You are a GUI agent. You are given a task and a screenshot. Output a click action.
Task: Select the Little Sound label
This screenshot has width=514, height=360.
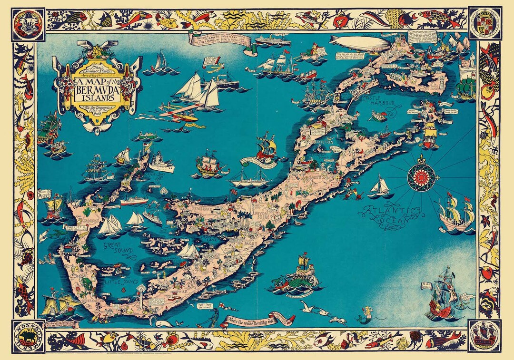click(x=119, y=282)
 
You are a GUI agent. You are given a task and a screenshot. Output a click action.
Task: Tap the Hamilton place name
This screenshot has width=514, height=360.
click(x=323, y=142)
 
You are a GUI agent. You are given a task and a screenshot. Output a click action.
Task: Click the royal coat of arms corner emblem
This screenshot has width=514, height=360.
click(x=484, y=22)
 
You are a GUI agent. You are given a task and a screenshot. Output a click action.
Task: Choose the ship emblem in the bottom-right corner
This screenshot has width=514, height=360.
click(x=484, y=336)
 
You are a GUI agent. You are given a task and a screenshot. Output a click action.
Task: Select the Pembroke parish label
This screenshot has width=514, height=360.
click(x=209, y=209)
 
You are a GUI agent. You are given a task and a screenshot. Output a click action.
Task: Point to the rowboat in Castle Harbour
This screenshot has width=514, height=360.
click(x=379, y=116)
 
